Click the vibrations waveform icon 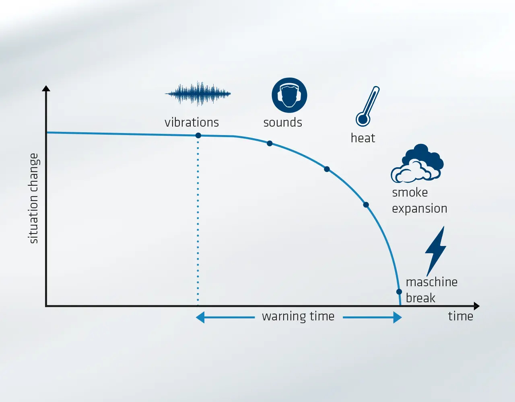[198, 94]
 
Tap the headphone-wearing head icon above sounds [289, 95]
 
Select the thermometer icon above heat [368, 106]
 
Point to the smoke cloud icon [417, 163]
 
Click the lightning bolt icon [436, 251]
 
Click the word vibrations [192, 122]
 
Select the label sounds [283, 122]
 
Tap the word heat [363, 138]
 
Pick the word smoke [410, 192]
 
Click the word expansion [420, 209]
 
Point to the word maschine [432, 282]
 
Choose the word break [420, 298]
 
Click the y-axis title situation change [33, 198]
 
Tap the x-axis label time [461, 316]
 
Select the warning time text [298, 316]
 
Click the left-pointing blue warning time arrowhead [200, 317]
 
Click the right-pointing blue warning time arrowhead [398, 317]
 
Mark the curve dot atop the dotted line [198, 135]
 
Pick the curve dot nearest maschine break [399, 291]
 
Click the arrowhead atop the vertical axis [46, 88]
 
